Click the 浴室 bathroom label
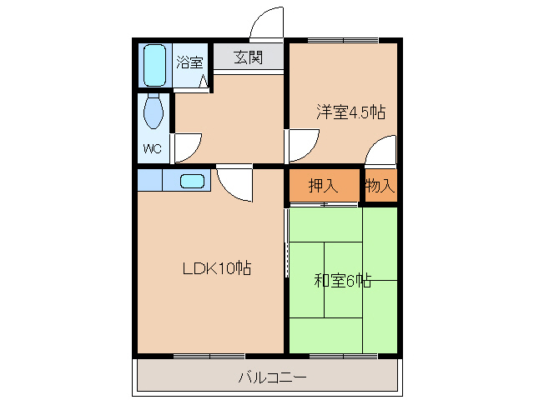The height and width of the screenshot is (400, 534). pyautogui.click(x=189, y=62)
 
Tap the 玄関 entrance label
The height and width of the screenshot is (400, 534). pyautogui.click(x=248, y=57)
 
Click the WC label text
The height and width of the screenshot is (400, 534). pyautogui.click(x=153, y=149)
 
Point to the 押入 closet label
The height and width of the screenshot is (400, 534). pyautogui.click(x=323, y=186)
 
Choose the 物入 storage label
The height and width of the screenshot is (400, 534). pyautogui.click(x=380, y=186)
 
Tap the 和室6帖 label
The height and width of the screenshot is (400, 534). pyautogui.click(x=343, y=281)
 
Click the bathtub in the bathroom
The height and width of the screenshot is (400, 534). pyautogui.click(x=155, y=65)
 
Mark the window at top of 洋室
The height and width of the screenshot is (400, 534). pyautogui.click(x=343, y=39)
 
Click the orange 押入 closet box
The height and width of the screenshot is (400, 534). pyautogui.click(x=324, y=186)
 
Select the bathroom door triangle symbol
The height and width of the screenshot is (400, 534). pyautogui.click(x=204, y=80)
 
